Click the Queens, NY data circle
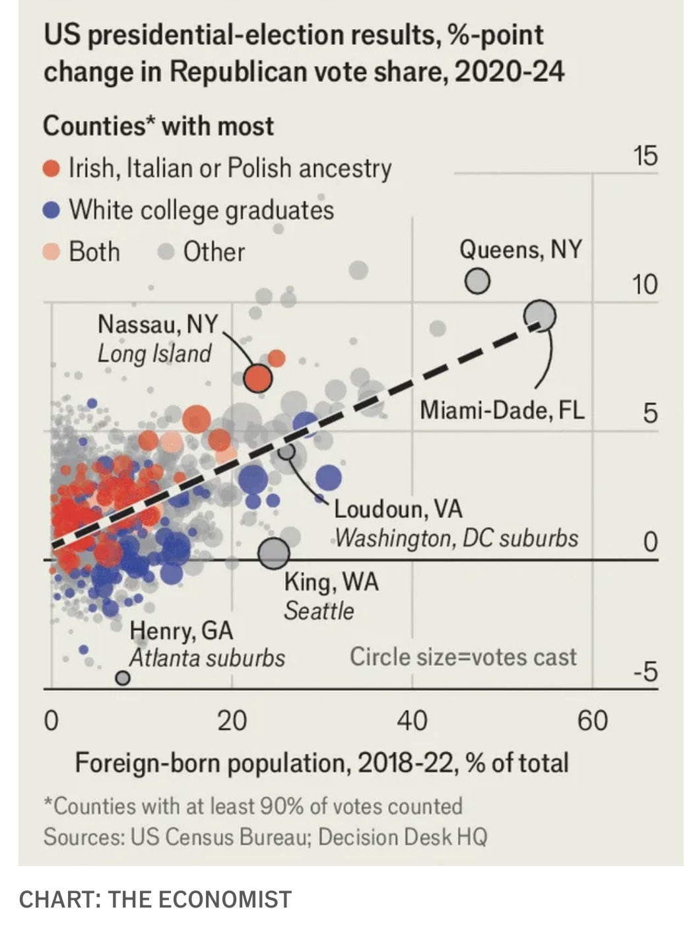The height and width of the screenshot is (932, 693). pyautogui.click(x=477, y=282)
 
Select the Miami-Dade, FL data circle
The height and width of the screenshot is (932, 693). pyautogui.click(x=540, y=316)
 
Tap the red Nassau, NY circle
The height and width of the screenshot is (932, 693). pyautogui.click(x=257, y=378)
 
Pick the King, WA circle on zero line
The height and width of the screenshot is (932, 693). pyautogui.click(x=273, y=553)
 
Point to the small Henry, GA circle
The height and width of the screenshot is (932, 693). pyautogui.click(x=122, y=678)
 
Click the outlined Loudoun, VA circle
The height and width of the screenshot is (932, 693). pyautogui.click(x=286, y=451)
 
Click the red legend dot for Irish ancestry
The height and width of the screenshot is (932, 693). pyautogui.click(x=51, y=169)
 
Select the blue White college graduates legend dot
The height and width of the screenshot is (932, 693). pyautogui.click(x=51, y=211)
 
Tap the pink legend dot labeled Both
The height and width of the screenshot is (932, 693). pyautogui.click(x=51, y=252)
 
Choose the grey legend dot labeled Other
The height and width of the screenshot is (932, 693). pyautogui.click(x=166, y=252)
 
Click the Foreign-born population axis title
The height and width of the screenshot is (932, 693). pyautogui.click(x=321, y=763)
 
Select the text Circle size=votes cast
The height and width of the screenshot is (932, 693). pyautogui.click(x=463, y=657)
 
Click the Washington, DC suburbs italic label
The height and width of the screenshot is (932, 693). pyautogui.click(x=457, y=538)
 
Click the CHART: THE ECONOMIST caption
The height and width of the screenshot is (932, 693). pyautogui.click(x=155, y=900)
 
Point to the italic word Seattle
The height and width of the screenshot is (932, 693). pyautogui.click(x=319, y=611)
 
